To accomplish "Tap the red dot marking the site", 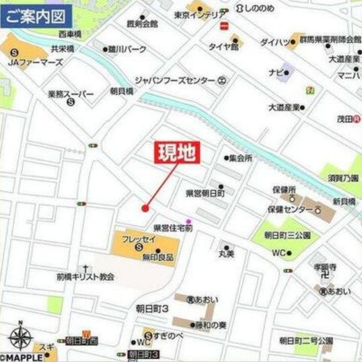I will (145, 208).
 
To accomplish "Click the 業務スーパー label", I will (71, 94).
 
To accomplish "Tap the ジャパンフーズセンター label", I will (176, 81).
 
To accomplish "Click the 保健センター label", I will (289, 209).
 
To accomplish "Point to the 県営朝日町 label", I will (206, 193).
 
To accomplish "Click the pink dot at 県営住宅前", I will (188, 222).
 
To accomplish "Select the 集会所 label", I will (240, 159).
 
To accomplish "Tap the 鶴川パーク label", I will (127, 49).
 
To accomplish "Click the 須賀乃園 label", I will (343, 178).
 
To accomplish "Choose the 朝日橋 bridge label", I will (121, 91).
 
